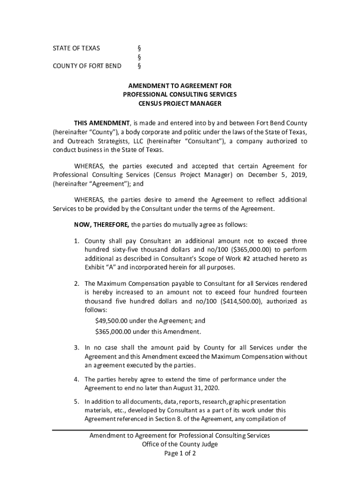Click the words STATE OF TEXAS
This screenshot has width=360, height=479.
76,48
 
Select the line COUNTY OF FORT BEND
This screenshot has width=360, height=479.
87,66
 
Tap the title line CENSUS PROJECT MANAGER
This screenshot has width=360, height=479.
180,103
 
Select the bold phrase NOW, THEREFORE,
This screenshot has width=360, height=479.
102,225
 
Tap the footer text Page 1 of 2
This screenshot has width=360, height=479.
180,454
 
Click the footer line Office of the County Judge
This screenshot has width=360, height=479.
180,444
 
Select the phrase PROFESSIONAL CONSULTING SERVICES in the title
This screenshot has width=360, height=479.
180,94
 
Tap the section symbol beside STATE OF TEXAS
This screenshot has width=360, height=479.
139,48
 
